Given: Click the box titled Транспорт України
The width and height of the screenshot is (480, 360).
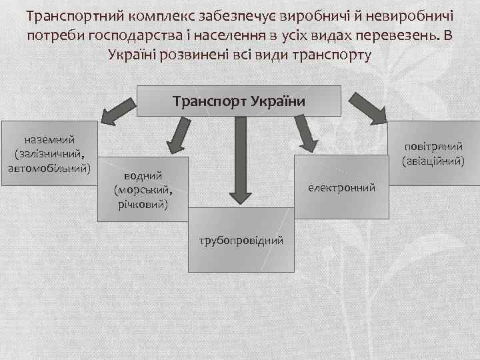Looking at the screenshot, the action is [239, 101].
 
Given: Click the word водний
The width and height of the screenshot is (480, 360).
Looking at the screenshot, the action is [141, 176].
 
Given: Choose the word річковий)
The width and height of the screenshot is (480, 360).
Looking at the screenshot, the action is [141, 201].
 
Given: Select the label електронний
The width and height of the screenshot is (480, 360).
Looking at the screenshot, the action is [341, 189].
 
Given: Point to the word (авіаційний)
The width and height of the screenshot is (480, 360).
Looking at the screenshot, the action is [433, 160].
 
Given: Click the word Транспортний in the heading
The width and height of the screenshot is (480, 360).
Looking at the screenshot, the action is [77, 15].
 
